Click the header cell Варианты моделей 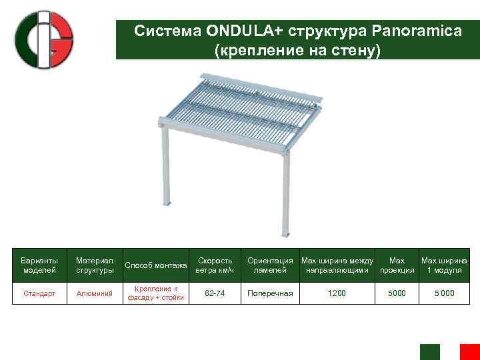(39, 265)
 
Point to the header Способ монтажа (156, 265)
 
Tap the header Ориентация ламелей (270, 265)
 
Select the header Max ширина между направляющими (337, 265)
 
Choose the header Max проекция (397, 265)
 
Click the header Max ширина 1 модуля (444, 265)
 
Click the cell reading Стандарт (39, 293)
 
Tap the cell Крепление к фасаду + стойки (156, 293)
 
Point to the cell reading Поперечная (270, 293)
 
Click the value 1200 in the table (337, 293)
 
